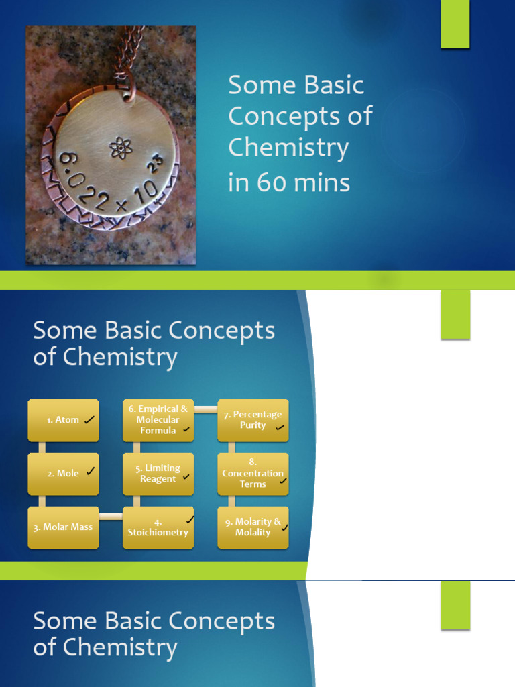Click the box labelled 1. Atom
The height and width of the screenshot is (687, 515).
tap(63, 421)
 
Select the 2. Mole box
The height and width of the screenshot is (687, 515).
tap(63, 474)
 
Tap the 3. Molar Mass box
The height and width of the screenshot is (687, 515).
tap(63, 527)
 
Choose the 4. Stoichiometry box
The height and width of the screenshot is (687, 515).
tap(158, 527)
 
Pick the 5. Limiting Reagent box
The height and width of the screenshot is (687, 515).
tap(158, 474)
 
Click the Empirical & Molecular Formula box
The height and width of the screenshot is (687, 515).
tap(158, 420)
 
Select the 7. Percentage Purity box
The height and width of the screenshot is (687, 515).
tap(253, 421)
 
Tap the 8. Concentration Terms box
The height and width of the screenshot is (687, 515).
tap(253, 474)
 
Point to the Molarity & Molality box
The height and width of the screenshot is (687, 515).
tap(253, 527)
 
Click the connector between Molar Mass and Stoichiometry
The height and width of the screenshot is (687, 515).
tap(111, 516)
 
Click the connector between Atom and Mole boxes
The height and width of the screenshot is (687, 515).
tap(42, 447)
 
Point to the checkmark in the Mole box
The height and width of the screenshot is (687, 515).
tap(90, 472)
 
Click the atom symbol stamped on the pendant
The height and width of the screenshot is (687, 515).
tap(121, 148)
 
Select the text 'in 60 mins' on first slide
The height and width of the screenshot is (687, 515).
tap(289, 182)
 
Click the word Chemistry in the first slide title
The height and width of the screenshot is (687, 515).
tap(288, 147)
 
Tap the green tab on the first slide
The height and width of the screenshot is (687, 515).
tap(455, 24)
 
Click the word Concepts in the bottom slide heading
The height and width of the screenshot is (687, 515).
tap(222, 621)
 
